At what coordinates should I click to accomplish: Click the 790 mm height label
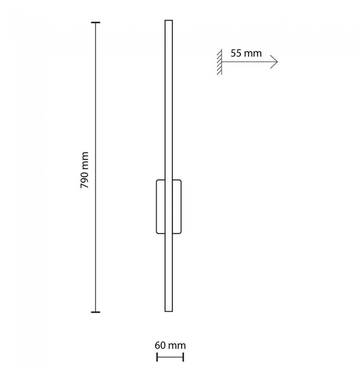[84, 170]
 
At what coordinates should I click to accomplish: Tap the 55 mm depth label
[246, 53]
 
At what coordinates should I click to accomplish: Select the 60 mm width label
[170, 345]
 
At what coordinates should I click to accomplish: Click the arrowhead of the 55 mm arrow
[275, 62]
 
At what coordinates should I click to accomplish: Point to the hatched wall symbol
[219, 62]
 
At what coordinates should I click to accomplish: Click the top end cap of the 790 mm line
[96, 23]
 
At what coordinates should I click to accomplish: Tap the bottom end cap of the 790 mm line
[96, 312]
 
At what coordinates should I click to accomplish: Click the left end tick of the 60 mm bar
[157, 357]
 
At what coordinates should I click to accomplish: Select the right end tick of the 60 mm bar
[183, 357]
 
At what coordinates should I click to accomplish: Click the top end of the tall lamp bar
[168, 20]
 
